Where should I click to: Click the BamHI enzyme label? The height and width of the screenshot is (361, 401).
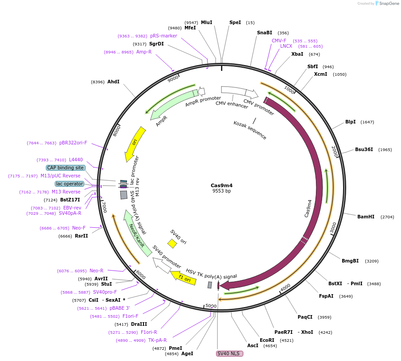click(366, 217)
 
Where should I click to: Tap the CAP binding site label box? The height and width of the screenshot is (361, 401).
click(65, 168)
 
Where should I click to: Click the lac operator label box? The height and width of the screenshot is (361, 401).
click(69, 184)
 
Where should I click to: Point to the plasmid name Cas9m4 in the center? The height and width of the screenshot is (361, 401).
click(221, 185)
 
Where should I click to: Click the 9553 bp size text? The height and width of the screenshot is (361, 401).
click(221, 191)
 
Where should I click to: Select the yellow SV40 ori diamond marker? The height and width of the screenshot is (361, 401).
click(172, 243)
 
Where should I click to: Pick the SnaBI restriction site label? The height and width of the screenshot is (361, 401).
click(264, 33)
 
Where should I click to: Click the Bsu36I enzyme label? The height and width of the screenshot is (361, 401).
click(364, 149)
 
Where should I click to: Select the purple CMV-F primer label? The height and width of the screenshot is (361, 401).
click(279, 41)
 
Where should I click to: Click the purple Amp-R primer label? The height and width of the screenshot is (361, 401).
click(144, 52)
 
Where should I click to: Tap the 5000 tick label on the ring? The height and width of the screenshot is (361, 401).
click(211, 306)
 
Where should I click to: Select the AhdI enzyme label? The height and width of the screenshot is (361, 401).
click(113, 82)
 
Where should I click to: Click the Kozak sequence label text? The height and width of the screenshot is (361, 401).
click(250, 130)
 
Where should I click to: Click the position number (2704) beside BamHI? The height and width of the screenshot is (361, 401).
click(387, 217)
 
